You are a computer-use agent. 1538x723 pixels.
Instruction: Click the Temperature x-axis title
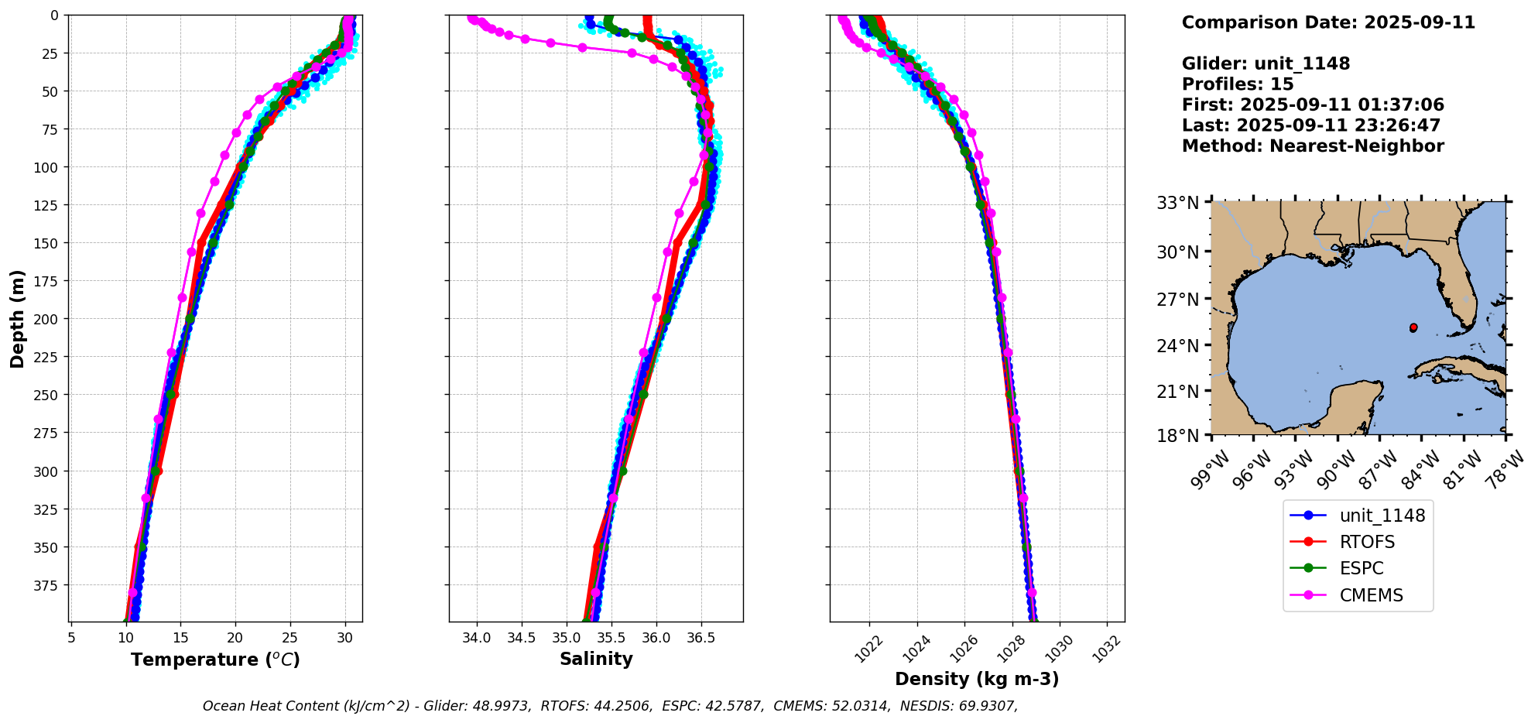[x=215, y=660]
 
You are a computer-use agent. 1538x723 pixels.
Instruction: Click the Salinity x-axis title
[x=596, y=659]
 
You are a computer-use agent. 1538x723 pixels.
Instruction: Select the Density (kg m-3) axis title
[x=977, y=679]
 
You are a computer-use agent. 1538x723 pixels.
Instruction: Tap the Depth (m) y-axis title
[x=17, y=318]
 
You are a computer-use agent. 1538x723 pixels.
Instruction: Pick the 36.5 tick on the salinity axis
[x=701, y=638]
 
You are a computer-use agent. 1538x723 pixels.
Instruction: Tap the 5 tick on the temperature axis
[x=71, y=638]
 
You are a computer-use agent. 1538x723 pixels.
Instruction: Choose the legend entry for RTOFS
[x=1367, y=542]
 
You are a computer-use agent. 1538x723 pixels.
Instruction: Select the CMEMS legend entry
[x=1371, y=595]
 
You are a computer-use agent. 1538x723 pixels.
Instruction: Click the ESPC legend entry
[x=1362, y=568]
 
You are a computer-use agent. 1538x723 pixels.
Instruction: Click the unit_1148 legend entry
[x=1382, y=516]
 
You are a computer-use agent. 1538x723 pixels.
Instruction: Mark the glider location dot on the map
[x=1413, y=327]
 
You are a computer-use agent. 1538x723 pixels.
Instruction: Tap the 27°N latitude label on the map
[x=1177, y=300]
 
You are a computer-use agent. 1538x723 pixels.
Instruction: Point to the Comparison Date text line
[x=1328, y=22]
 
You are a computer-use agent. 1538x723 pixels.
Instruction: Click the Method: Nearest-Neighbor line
[x=1313, y=146]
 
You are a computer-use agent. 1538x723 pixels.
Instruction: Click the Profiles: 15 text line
[x=1238, y=84]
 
